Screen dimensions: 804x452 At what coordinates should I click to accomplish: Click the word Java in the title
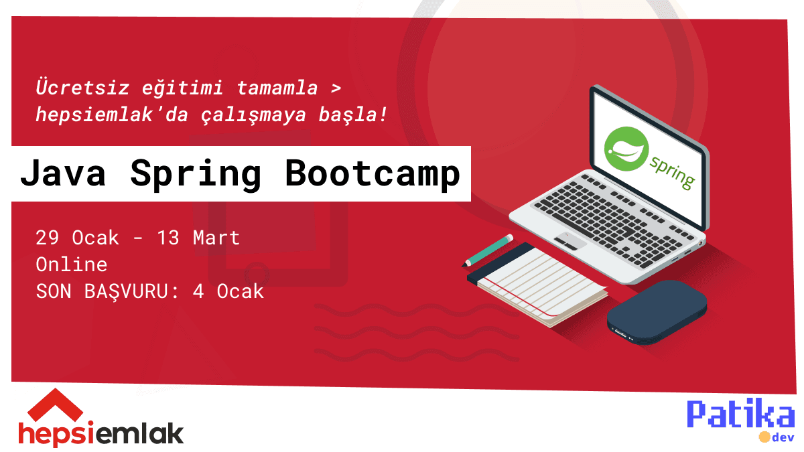click(63, 173)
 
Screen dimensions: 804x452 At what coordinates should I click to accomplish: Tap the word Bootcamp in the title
click(373, 173)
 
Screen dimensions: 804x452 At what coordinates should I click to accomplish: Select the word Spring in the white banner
click(196, 175)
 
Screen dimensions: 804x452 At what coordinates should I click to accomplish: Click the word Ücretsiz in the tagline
click(82, 86)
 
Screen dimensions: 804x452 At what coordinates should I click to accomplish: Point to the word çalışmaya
click(253, 115)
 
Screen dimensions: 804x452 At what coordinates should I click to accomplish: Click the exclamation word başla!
click(353, 114)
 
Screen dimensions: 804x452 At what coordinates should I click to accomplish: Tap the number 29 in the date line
click(47, 238)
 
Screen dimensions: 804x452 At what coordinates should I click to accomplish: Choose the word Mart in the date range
click(216, 238)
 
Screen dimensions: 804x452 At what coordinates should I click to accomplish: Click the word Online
click(72, 265)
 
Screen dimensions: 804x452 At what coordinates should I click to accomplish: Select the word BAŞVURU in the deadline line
click(126, 291)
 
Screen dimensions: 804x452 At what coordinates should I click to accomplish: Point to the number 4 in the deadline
click(198, 291)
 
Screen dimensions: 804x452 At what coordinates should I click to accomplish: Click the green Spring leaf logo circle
click(626, 149)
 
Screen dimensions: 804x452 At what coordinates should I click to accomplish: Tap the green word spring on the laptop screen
click(672, 172)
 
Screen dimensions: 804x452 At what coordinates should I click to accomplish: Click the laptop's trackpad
click(569, 240)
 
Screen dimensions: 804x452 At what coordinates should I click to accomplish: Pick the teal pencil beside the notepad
click(488, 250)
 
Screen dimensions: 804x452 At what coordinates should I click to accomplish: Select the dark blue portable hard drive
click(657, 313)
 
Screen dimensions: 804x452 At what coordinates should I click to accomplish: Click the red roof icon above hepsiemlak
click(55, 405)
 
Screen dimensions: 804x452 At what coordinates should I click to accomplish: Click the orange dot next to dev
click(764, 437)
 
